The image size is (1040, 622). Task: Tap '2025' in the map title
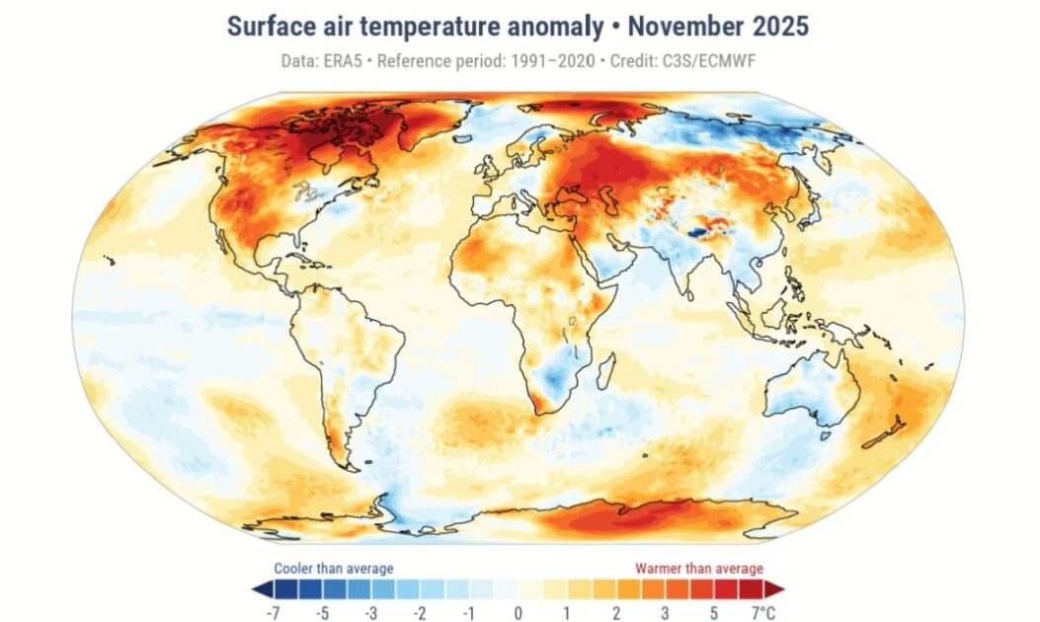pyautogui.click(x=779, y=27)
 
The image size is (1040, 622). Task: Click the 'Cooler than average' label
pyautogui.click(x=333, y=568)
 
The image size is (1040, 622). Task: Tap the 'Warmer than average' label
pyautogui.click(x=698, y=568)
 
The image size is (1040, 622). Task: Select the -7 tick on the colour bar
pyautogui.click(x=273, y=612)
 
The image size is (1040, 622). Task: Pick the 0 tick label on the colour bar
pyautogui.click(x=518, y=612)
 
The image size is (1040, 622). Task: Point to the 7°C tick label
pyautogui.click(x=762, y=612)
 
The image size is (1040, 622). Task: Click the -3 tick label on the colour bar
pyautogui.click(x=370, y=612)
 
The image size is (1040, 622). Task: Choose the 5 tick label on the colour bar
pyautogui.click(x=714, y=612)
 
